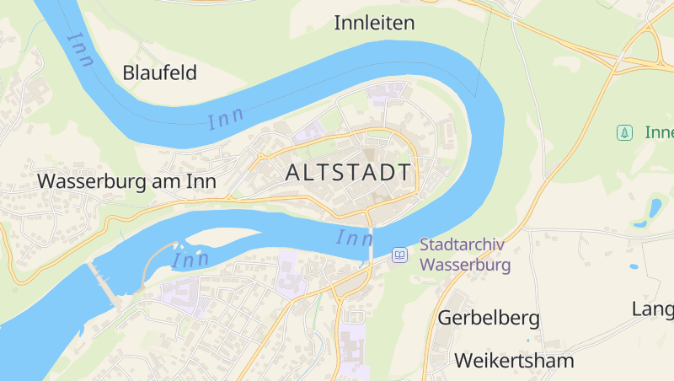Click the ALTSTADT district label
click(x=349, y=173)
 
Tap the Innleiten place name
click(x=374, y=23)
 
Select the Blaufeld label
click(x=160, y=72)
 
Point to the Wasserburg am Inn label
click(x=127, y=180)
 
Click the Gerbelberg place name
click(x=489, y=318)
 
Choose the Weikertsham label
click(x=514, y=361)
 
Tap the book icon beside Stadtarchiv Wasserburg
click(x=399, y=255)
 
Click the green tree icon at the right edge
click(x=624, y=132)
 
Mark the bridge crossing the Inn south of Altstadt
click(x=370, y=239)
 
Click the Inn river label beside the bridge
click(x=354, y=239)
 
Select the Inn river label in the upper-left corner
click(x=81, y=51)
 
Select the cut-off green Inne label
click(x=659, y=132)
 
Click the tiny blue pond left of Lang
click(x=633, y=266)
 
